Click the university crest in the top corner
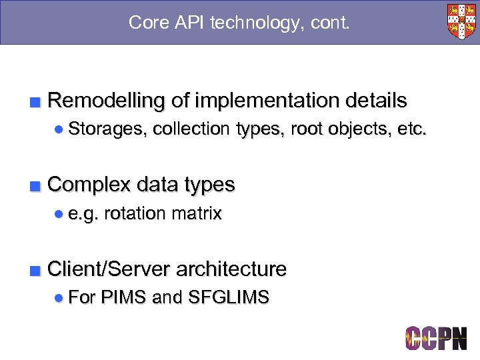coord(461,21)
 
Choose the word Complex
coord(89,184)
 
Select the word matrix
coord(196,213)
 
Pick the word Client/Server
coord(112,269)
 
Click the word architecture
coord(233,269)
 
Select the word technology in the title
coord(258,23)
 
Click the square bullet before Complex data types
coord(36,185)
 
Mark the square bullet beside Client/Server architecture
coord(36,271)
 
